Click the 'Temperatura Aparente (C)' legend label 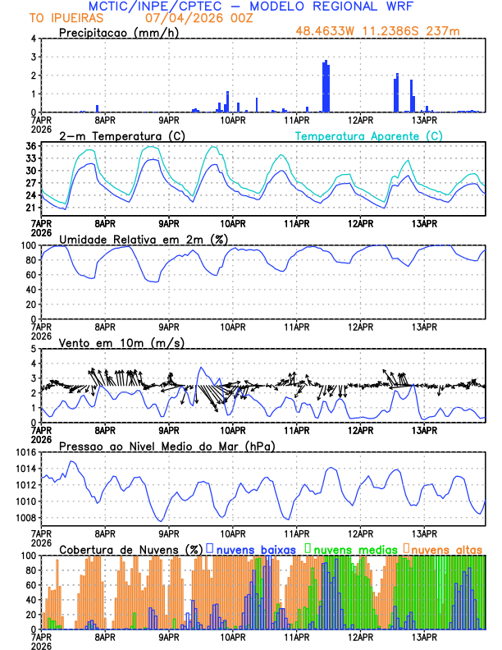click(x=369, y=135)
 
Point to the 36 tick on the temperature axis click(x=30, y=146)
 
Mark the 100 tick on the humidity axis click(x=27, y=245)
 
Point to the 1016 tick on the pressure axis click(x=25, y=452)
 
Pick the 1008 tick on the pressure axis click(x=25, y=518)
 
